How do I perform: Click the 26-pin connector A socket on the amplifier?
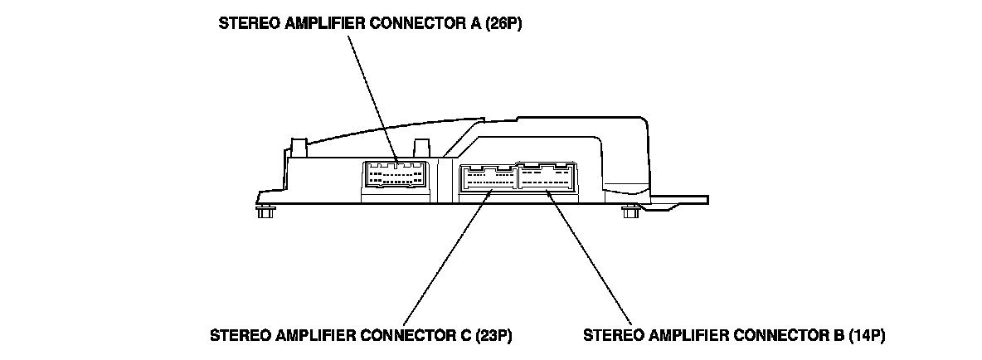395,176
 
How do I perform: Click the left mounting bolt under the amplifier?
266,213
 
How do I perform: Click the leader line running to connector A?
373,95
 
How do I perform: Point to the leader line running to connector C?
448,257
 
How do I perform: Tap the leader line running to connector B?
589,257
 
